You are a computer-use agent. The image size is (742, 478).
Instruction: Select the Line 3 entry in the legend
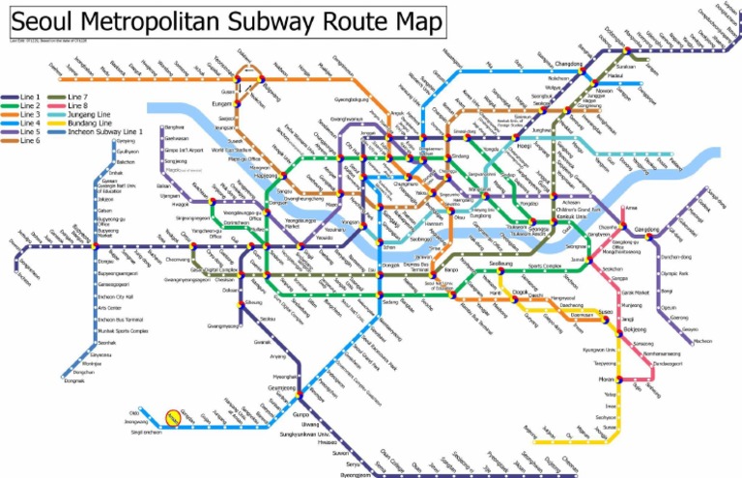point(30,114)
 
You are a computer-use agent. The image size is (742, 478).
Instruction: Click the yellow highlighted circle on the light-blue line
point(173,417)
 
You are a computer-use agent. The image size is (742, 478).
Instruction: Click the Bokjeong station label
point(635,329)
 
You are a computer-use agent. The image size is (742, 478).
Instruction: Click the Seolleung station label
point(500,263)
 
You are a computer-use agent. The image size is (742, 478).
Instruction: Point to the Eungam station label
point(223,102)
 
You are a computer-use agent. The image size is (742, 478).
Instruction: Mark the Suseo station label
point(605,313)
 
